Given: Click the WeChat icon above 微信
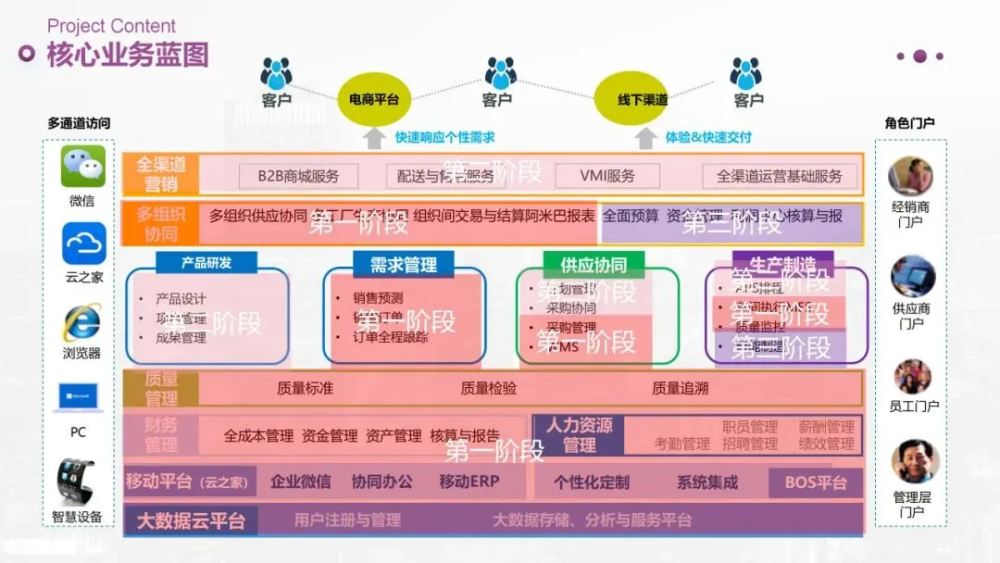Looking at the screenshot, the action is point(83,167).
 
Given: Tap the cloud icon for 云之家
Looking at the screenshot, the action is point(83,244).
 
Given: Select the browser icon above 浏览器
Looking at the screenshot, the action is point(82,321).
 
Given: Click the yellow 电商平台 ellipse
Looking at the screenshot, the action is point(373,99).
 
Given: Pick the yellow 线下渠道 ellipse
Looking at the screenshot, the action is point(643,99).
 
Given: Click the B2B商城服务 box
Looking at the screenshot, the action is point(298,176).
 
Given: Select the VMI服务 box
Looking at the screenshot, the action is point(607,176).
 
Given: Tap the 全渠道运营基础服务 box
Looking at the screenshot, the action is point(780,176).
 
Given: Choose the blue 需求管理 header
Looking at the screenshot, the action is point(403,265).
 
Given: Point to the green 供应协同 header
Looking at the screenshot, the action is point(594,265).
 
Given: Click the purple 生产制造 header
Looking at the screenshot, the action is point(782,263).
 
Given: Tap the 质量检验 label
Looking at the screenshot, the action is point(489,389).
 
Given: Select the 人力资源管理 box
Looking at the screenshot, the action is point(579,435).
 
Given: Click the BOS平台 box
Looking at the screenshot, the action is point(815,482).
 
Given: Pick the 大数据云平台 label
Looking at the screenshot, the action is point(191,520).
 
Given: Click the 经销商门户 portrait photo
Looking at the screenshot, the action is point(910,176).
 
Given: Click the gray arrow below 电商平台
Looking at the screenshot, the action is point(373,138).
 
